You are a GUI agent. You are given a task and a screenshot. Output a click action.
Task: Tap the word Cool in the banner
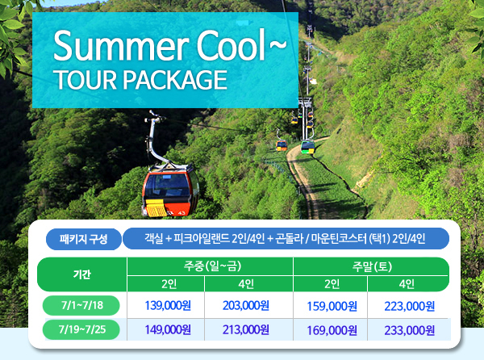pyautogui.click(x=232, y=44)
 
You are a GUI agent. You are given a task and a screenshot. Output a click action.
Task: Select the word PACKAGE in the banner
pyautogui.click(x=175, y=80)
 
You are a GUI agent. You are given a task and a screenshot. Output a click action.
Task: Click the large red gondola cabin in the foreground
pyautogui.click(x=170, y=191)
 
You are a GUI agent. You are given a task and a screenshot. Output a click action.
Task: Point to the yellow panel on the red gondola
pyautogui.click(x=156, y=207)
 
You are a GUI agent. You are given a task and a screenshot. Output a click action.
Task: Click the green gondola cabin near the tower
pyautogui.click(x=308, y=147)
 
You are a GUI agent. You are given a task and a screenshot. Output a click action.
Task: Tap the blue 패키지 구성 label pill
pyautogui.click(x=84, y=239)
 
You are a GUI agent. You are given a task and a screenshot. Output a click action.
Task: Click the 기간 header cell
pyautogui.click(x=82, y=274)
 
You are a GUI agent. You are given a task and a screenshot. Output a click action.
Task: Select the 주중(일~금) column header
pyautogui.click(x=213, y=266)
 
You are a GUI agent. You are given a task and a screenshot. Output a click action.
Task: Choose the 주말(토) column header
pyautogui.click(x=372, y=266)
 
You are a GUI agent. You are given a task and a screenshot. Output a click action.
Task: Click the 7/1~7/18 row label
pyautogui.click(x=81, y=305)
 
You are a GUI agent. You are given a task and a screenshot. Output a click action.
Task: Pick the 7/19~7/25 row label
pyautogui.click(x=81, y=329)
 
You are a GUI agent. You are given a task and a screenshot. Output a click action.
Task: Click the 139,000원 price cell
pyautogui.click(x=168, y=306)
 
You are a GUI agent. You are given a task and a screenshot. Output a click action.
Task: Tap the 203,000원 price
pyautogui.click(x=246, y=306)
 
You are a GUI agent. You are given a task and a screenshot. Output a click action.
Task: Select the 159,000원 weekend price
pyautogui.click(x=332, y=306)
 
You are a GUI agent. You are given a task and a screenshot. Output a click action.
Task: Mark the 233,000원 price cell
pyautogui.click(x=410, y=330)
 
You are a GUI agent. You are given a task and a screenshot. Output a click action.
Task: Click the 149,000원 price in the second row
pyautogui.click(x=168, y=330)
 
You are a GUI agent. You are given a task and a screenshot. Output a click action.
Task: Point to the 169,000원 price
pyautogui.click(x=332, y=330)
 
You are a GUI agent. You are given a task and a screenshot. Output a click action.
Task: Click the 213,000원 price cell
pyautogui.click(x=246, y=330)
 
